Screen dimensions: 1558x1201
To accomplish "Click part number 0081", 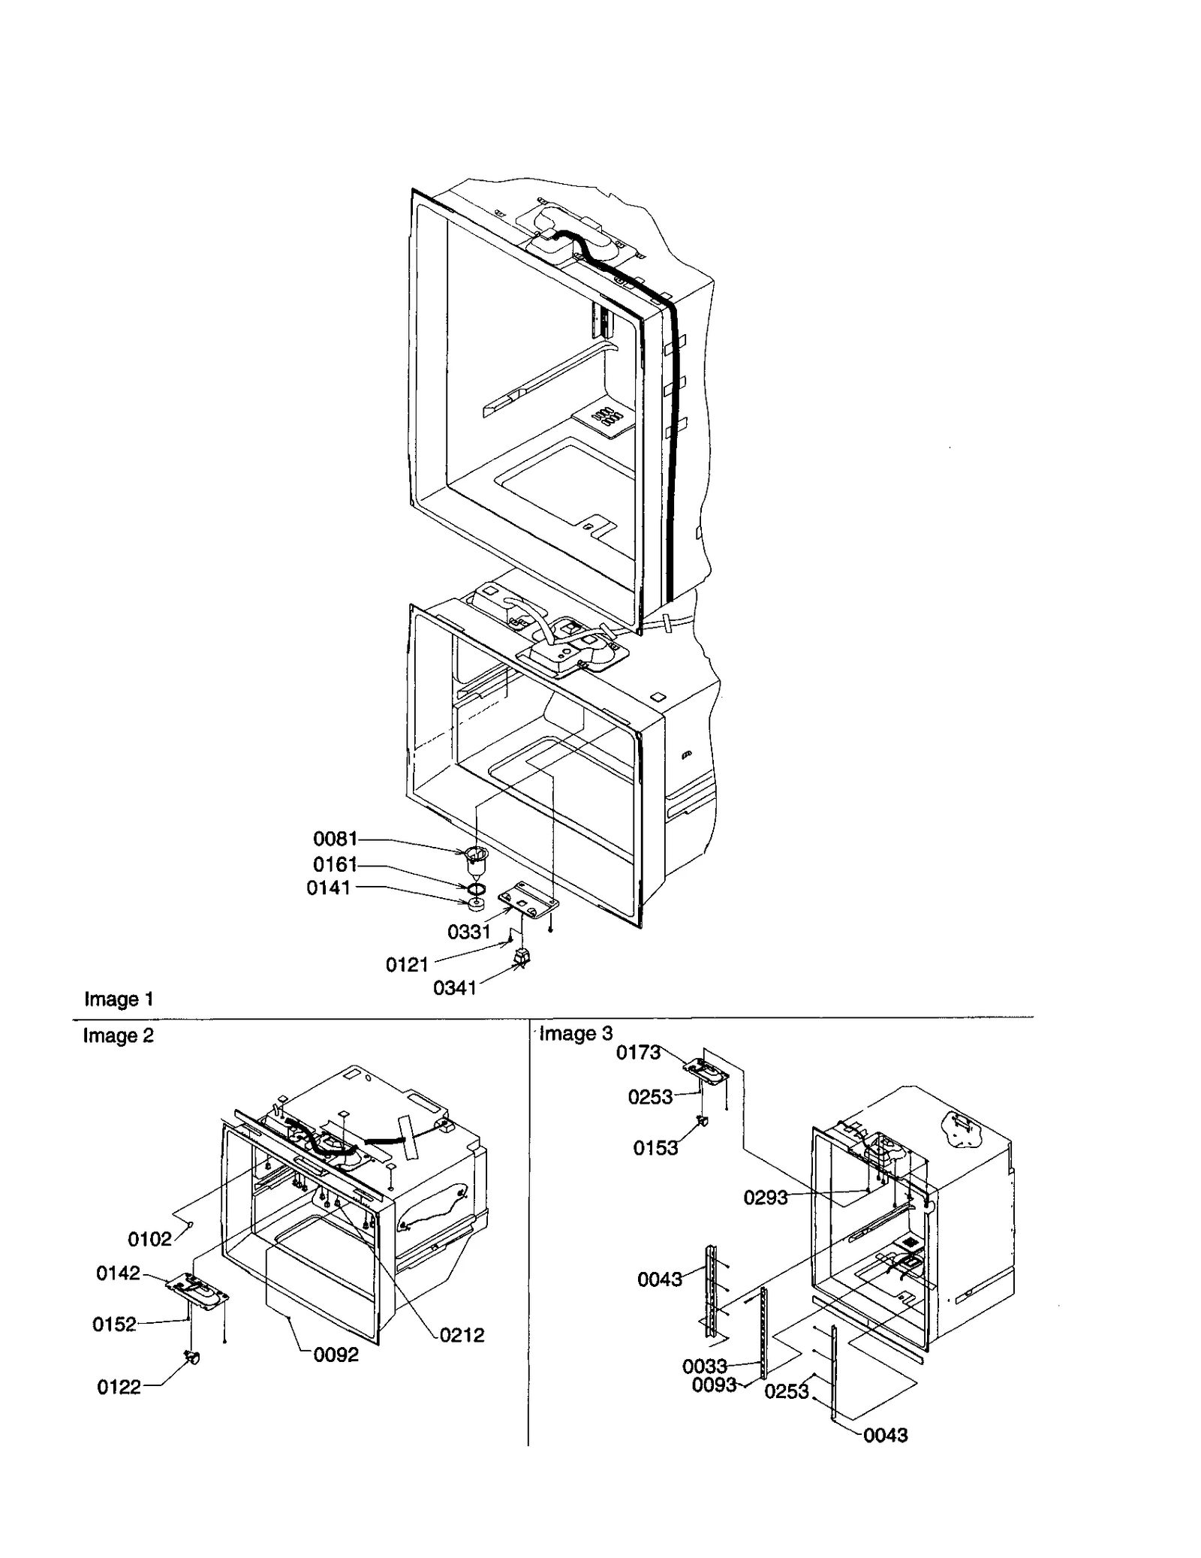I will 335,838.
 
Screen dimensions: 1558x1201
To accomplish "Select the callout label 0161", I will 335,864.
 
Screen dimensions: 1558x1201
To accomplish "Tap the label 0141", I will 328,888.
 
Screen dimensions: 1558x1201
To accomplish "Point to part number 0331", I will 468,932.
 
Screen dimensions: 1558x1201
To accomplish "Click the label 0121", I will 407,965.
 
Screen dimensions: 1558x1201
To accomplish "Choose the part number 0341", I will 454,988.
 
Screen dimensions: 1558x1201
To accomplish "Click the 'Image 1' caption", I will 119,999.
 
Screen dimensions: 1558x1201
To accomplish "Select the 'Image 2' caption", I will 118,1036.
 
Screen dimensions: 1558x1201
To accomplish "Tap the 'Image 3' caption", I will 576,1034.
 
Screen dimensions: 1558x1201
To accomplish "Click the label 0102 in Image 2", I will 149,1239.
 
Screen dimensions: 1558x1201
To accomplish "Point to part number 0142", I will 118,1273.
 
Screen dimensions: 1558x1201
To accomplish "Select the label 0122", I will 119,1388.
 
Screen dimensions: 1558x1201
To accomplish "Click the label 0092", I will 336,1355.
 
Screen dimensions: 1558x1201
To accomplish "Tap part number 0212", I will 462,1335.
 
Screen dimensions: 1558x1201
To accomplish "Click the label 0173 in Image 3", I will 638,1053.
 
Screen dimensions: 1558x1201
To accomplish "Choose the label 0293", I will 766,1198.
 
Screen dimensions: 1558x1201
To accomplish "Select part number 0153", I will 655,1148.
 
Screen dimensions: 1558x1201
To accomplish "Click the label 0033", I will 704,1366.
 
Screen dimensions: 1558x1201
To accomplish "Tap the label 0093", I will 714,1385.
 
